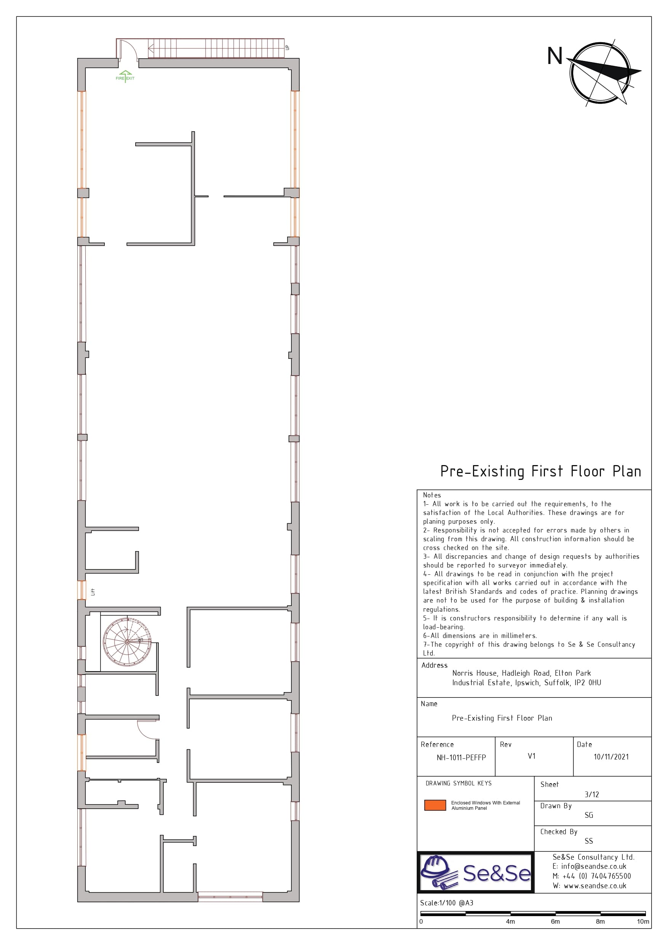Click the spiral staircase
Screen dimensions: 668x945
point(127,642)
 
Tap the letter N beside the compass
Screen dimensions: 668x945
point(555,56)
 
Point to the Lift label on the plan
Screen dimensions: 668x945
point(93,592)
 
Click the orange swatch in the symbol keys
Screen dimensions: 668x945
point(435,805)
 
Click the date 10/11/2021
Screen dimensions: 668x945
point(611,757)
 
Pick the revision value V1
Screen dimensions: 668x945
point(532,756)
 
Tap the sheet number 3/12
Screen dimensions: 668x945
point(592,795)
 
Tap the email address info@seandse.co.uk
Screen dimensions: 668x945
point(593,867)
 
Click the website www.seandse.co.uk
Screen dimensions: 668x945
point(595,886)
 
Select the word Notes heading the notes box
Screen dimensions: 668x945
point(432,495)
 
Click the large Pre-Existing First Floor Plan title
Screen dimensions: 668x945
point(541,472)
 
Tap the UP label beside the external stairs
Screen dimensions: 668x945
point(287,47)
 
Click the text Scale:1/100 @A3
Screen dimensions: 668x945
point(447,903)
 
